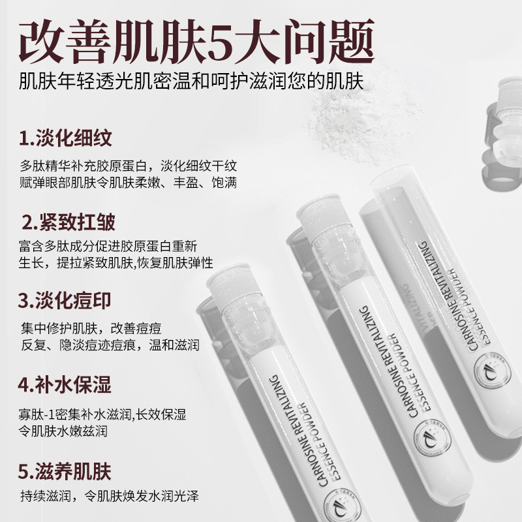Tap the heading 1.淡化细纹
pyautogui.click(x=65, y=139)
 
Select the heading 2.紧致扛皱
pyautogui.click(x=69, y=222)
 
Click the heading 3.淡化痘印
pyautogui.click(x=65, y=301)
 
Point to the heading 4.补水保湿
pyautogui.click(x=65, y=384)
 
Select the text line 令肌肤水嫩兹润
pyautogui.click(x=63, y=431)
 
